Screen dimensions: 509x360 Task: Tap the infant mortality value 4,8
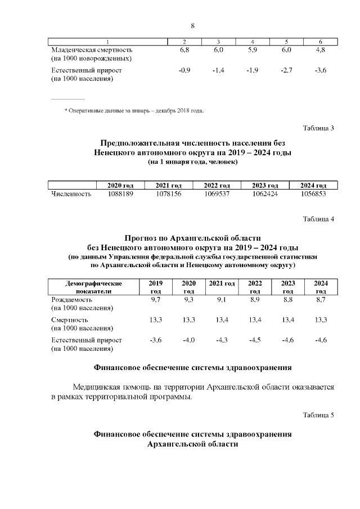point(321,50)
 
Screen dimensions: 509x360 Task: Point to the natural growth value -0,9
point(184,70)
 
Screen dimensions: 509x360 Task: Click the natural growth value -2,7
point(286,70)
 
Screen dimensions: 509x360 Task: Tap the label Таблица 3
point(319,128)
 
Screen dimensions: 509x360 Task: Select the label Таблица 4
point(319,219)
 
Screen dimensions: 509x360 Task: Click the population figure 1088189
point(120,194)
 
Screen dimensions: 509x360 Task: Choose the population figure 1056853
point(313,194)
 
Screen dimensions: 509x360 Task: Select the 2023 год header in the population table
point(265,186)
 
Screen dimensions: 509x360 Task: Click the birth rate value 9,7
point(156,300)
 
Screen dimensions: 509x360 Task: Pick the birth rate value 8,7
point(321,300)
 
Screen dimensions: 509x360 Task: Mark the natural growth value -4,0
point(188,340)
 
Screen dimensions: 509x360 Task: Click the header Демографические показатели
point(93,287)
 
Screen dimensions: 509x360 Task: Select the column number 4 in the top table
point(253,42)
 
